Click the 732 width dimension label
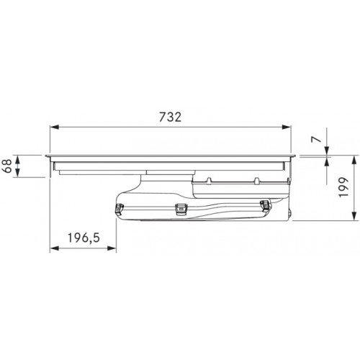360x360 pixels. tap(171, 117)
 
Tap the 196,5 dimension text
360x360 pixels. tap(84, 238)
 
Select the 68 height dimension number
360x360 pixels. tap(7, 166)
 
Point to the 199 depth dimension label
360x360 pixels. tap(343, 187)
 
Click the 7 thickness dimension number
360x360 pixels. tap(316, 140)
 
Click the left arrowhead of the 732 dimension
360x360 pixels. tap(54, 127)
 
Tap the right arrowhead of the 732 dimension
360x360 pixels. tap(287, 127)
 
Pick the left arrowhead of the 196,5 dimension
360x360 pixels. tap(54, 248)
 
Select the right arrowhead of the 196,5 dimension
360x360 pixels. tap(112, 248)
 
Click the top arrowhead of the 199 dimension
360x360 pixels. tap(354, 160)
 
